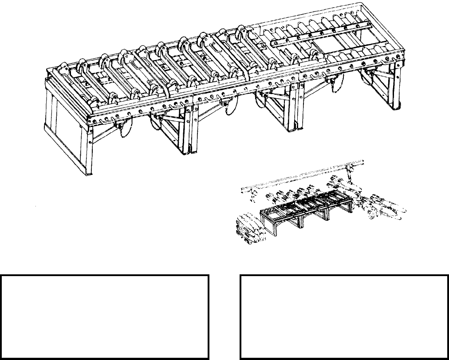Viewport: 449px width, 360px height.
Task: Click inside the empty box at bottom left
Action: [105, 317]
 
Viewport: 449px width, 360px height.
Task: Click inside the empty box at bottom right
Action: [344, 317]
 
